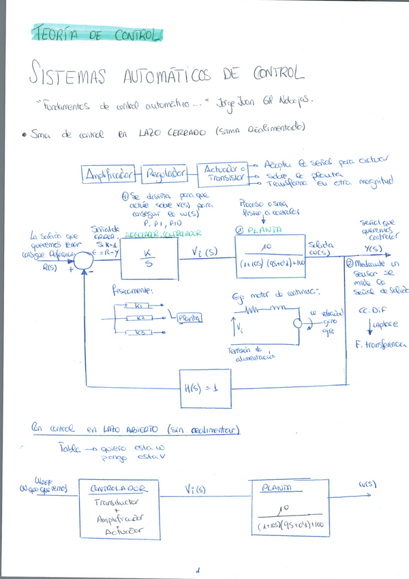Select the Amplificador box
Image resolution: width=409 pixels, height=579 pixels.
click(x=109, y=175)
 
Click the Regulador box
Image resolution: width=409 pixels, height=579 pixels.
click(x=165, y=175)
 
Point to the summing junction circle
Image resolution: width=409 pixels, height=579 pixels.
click(x=85, y=259)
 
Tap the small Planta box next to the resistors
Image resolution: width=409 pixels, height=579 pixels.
click(x=190, y=317)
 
